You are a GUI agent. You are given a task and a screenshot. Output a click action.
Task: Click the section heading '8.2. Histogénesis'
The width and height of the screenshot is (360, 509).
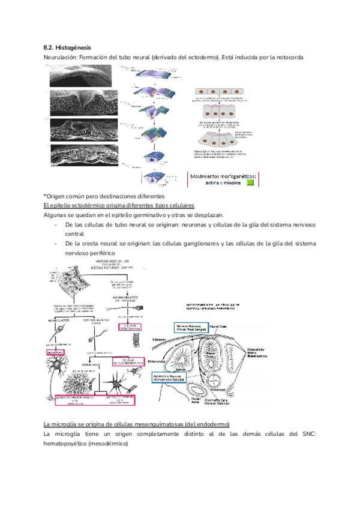coord(68,46)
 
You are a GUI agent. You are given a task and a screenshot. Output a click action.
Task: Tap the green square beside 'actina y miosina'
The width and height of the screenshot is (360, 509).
coord(250,183)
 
